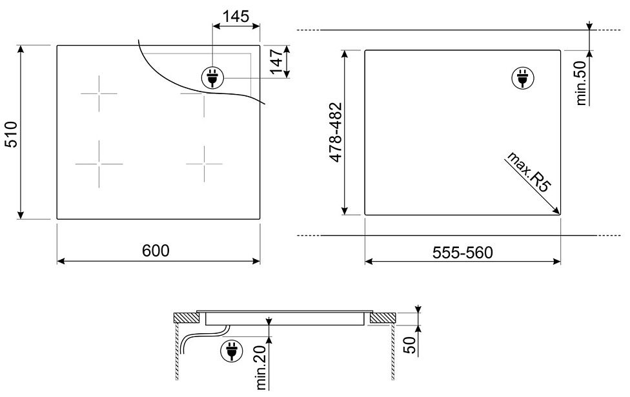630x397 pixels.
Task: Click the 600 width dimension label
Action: [x=156, y=251]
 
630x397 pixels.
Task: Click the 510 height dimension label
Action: [x=12, y=134]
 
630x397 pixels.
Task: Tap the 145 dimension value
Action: [x=236, y=17]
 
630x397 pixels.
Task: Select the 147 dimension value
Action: [x=277, y=61]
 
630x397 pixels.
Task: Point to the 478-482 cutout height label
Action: [x=336, y=132]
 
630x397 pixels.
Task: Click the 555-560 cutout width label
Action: [x=462, y=253]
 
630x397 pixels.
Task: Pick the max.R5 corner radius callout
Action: [x=527, y=171]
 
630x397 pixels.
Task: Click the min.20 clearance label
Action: [x=261, y=367]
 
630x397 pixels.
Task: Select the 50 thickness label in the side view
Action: [x=409, y=345]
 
